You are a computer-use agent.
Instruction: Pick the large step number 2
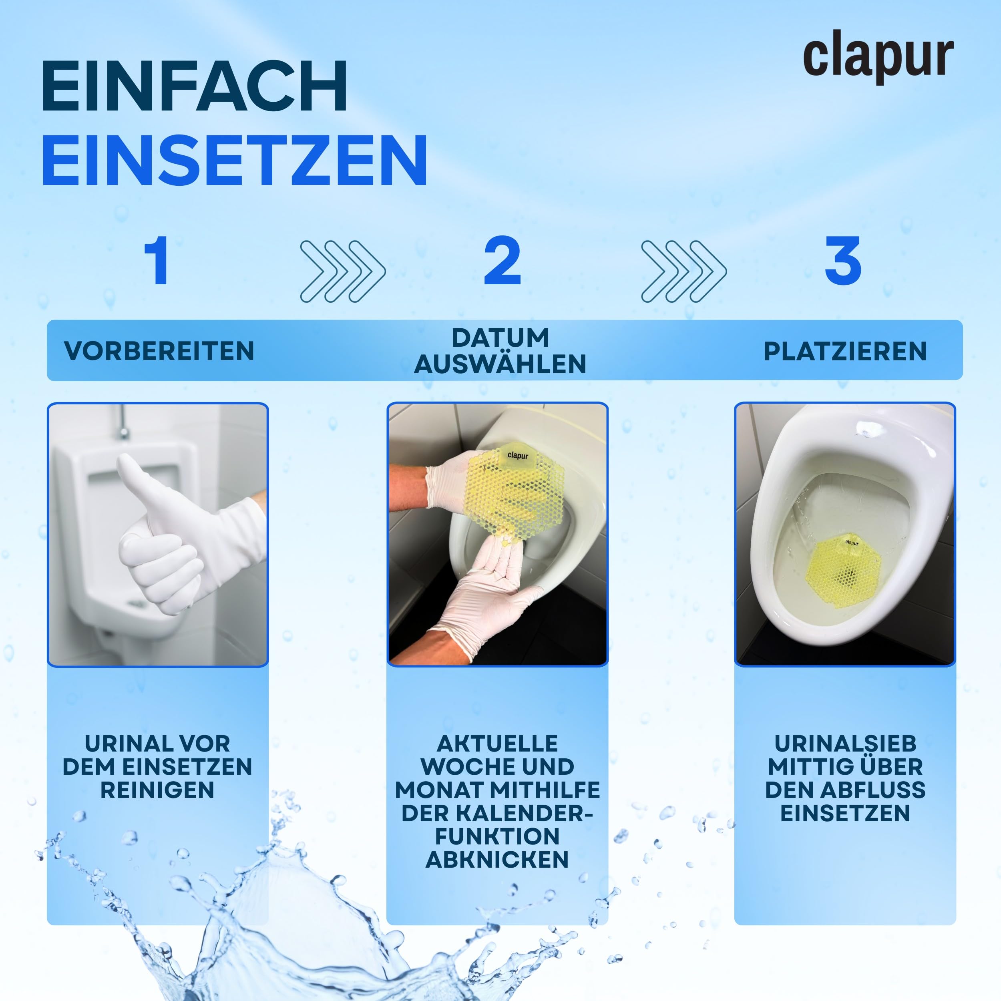502,260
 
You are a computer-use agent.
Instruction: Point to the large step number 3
843,260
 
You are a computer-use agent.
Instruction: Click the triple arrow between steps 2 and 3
684,271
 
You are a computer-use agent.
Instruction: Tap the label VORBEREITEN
159,351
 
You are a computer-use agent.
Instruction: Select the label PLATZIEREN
845,351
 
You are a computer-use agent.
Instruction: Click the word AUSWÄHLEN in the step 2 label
500,364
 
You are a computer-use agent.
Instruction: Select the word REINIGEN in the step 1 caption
157,790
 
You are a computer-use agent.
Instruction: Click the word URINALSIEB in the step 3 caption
846,744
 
